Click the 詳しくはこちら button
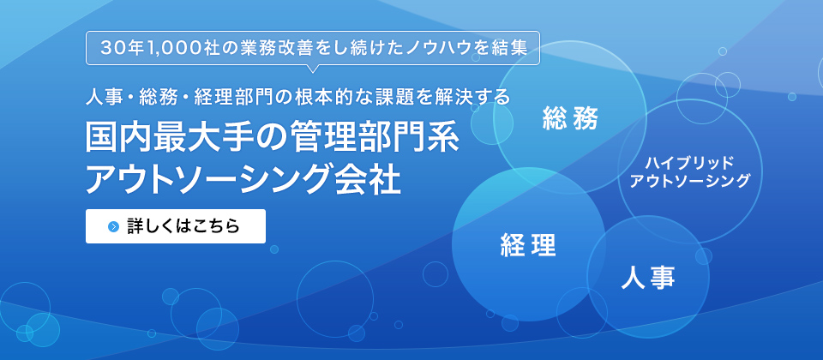[x=175, y=226]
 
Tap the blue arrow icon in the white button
[x=114, y=226]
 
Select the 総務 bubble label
[x=571, y=120]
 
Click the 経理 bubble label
[x=528, y=245]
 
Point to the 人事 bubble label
[x=648, y=277]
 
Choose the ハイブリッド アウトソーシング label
[x=689, y=171]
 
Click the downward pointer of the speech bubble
[x=312, y=68]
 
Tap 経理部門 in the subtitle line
[x=232, y=97]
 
